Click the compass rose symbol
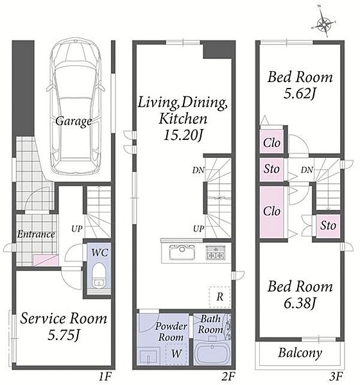pyautogui.click(x=324, y=24)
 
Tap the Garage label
pyautogui.click(x=74, y=121)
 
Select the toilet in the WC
pyautogui.click(x=99, y=275)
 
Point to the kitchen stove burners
pyautogui.click(x=216, y=252)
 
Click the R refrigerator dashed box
pyautogui.click(x=219, y=297)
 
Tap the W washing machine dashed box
pyautogui.click(x=176, y=354)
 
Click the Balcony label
pyautogui.click(x=300, y=353)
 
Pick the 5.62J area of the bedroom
pyautogui.click(x=299, y=94)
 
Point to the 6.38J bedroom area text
pyautogui.click(x=300, y=303)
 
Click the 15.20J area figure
pyautogui.click(x=184, y=135)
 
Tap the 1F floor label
pyautogui.click(x=105, y=376)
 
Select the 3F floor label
pyautogui.click(x=336, y=376)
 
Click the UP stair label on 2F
pyautogui.click(x=198, y=229)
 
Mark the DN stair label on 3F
pyautogui.click(x=307, y=169)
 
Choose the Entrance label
pyautogui.click(x=36, y=234)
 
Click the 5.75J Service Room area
pyautogui.click(x=64, y=335)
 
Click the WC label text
pyautogui.click(x=99, y=252)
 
